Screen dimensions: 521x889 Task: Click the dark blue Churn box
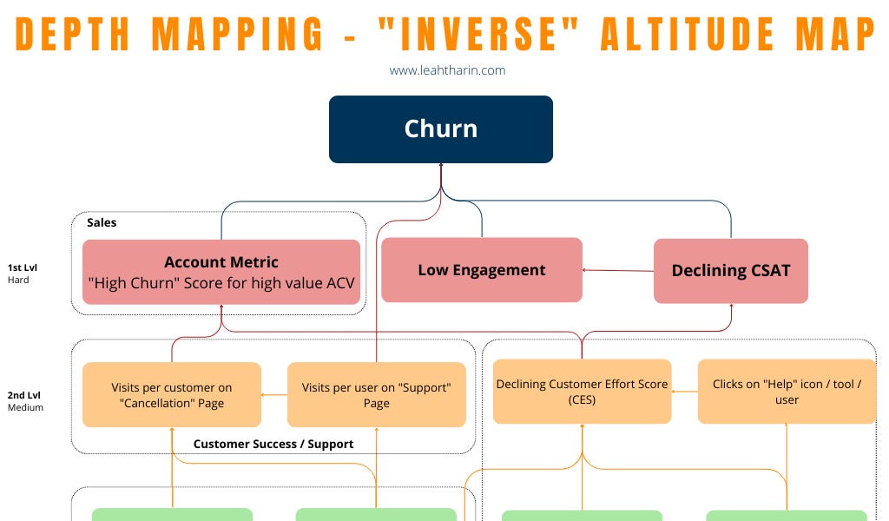pos(441,129)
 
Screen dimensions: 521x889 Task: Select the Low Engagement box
pos(482,270)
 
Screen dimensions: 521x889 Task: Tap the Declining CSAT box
pos(731,271)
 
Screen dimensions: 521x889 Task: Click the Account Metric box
pos(221,272)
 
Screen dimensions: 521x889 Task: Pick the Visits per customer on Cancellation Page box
pos(172,395)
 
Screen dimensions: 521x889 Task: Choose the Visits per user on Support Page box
pos(376,395)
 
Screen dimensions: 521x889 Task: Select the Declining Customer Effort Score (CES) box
pos(582,392)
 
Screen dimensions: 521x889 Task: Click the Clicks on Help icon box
pos(787,392)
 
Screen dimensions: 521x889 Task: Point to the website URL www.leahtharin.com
pos(447,70)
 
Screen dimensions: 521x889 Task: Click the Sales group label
pos(102,223)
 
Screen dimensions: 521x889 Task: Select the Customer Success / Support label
pos(273,444)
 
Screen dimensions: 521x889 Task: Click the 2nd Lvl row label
pos(25,394)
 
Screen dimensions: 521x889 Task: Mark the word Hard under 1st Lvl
pos(18,280)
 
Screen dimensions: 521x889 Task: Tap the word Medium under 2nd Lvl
pos(25,407)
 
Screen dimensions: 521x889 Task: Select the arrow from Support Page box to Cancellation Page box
pos(274,395)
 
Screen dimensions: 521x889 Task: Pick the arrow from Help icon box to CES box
pos(685,392)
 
